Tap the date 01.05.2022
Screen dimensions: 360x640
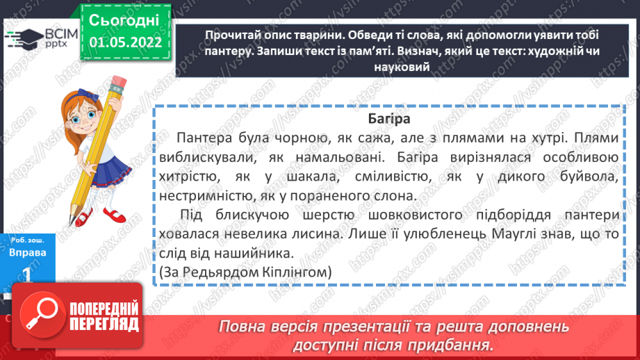pyautogui.click(x=125, y=42)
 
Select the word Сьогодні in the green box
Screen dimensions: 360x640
pyautogui.click(x=125, y=20)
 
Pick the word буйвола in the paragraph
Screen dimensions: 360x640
pyautogui.click(x=589, y=178)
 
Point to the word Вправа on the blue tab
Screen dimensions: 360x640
pyautogui.click(x=28, y=252)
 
